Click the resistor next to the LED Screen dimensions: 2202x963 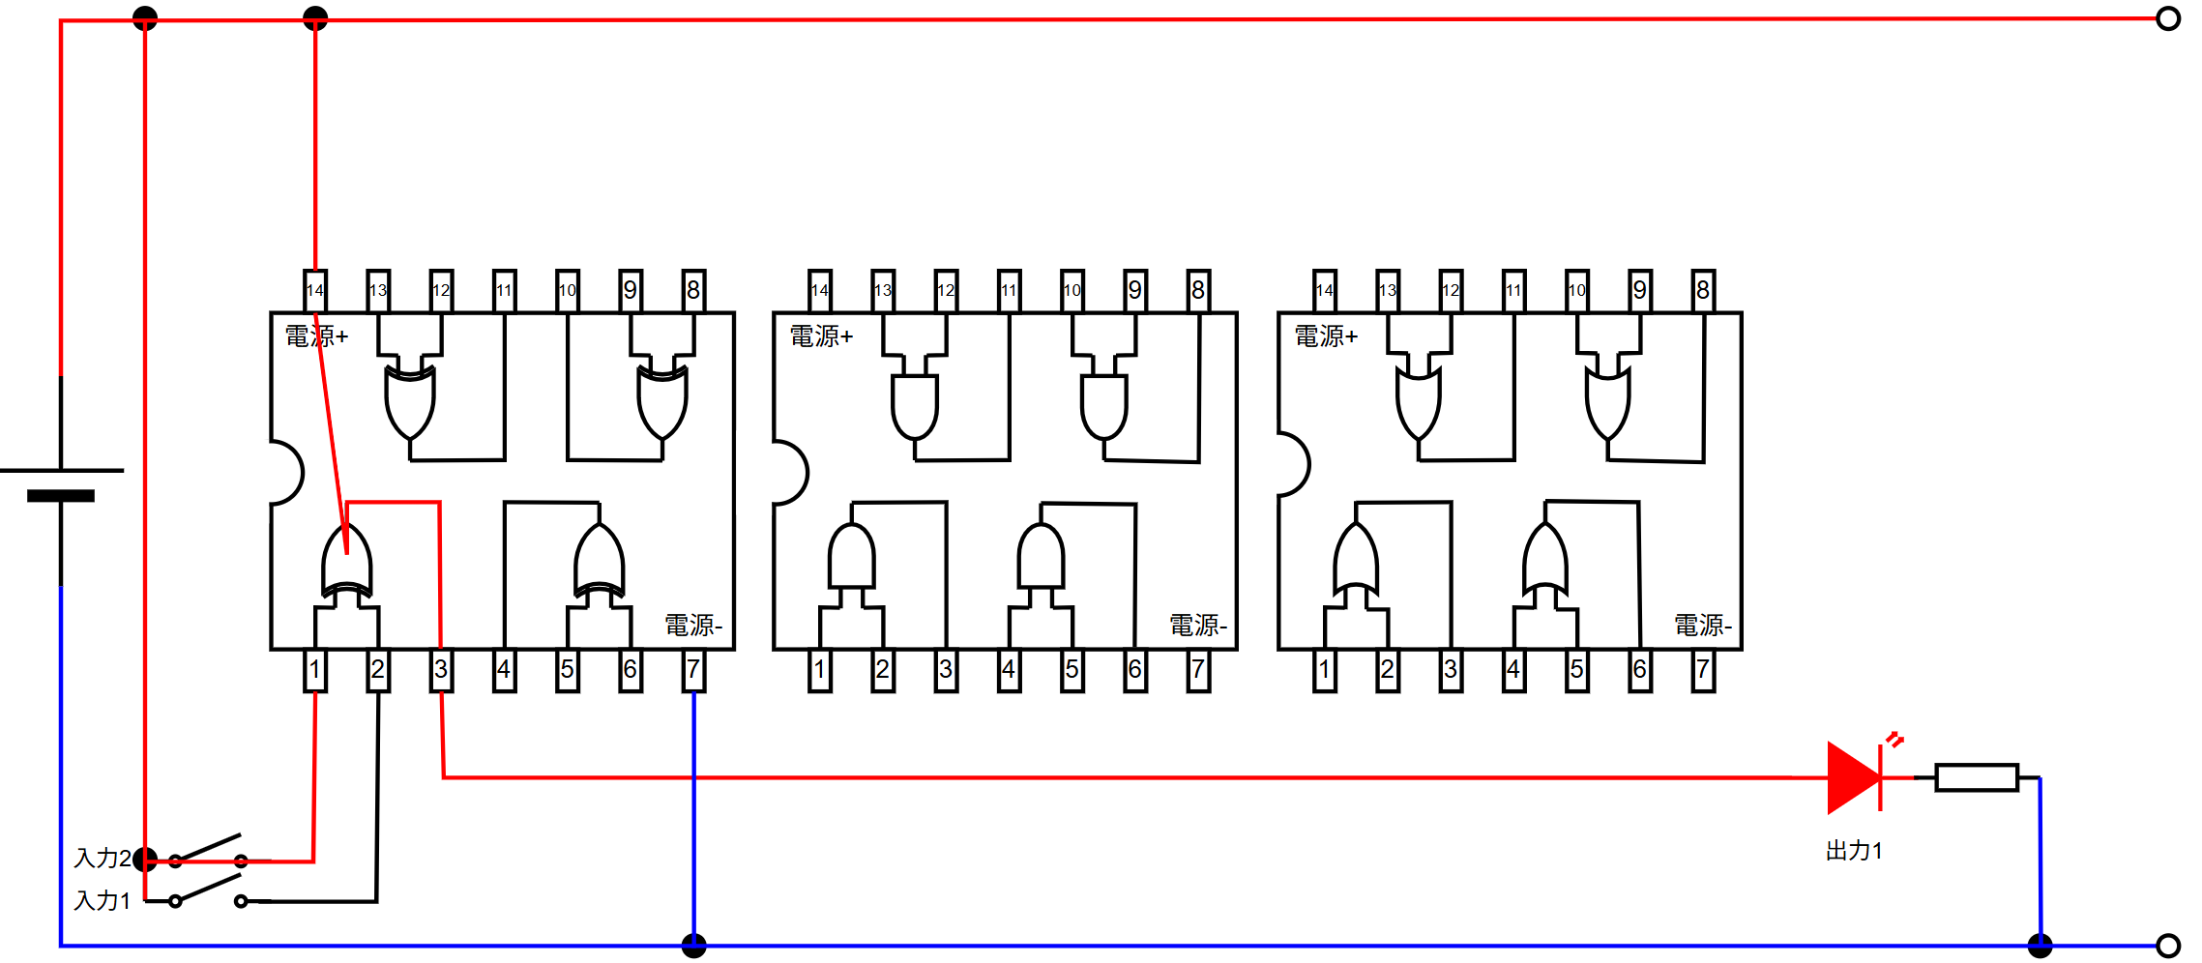[x=1977, y=777]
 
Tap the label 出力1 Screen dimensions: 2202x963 [x=1854, y=851]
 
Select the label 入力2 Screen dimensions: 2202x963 [x=103, y=858]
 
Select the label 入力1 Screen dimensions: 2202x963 [x=103, y=900]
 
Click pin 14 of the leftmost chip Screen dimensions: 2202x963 [x=315, y=290]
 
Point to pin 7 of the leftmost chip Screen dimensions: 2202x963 [x=693, y=670]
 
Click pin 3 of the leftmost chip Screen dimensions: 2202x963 [x=441, y=670]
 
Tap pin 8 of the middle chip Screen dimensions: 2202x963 [x=1198, y=290]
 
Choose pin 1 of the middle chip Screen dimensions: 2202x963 [x=820, y=670]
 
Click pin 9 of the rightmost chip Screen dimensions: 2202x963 [x=1640, y=290]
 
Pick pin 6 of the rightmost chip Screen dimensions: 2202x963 [x=1640, y=670]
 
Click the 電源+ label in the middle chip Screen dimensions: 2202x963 [x=821, y=336]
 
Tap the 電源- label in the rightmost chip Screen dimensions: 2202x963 [x=1703, y=626]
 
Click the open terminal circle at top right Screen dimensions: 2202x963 [x=2168, y=18]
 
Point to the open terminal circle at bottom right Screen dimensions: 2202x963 [x=2168, y=946]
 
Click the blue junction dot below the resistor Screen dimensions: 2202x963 [x=2041, y=946]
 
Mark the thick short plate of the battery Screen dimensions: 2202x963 [x=61, y=496]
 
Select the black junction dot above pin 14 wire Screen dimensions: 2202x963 [x=315, y=18]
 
